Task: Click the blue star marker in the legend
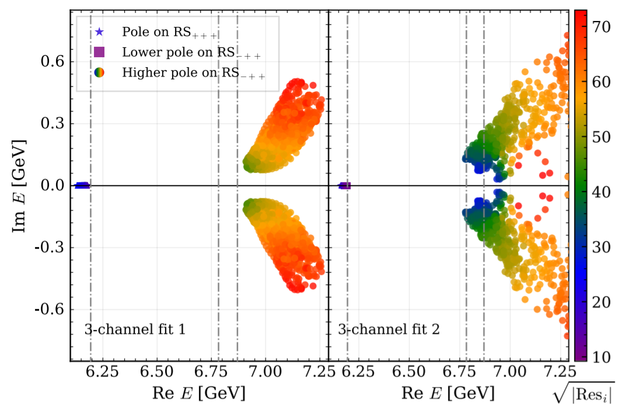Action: tap(99, 32)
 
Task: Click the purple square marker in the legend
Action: tap(99, 52)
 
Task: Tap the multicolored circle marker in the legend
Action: tap(99, 73)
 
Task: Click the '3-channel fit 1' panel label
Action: tap(135, 329)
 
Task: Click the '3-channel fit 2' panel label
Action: tap(389, 329)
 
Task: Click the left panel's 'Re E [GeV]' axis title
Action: tap(199, 393)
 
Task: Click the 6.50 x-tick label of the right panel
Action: tap(407, 372)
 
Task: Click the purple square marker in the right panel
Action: tap(345, 186)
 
